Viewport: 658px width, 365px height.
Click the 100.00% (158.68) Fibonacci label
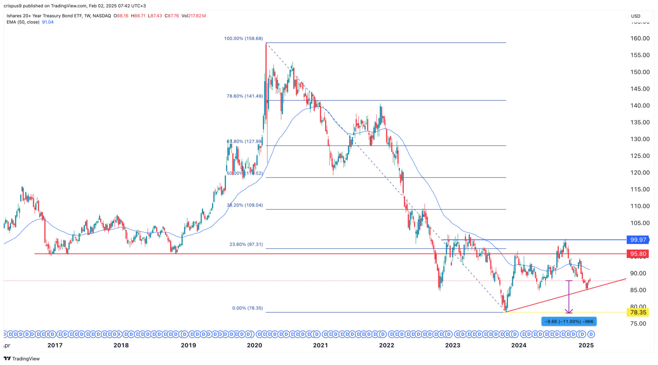pyautogui.click(x=243, y=39)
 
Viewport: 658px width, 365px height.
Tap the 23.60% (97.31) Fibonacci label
pyautogui.click(x=246, y=244)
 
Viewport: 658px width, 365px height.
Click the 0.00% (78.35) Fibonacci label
pyautogui.click(x=247, y=308)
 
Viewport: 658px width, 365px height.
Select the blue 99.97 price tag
pyautogui.click(x=638, y=240)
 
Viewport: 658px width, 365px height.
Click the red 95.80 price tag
pyautogui.click(x=638, y=254)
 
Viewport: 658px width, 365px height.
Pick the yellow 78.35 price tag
pyautogui.click(x=638, y=312)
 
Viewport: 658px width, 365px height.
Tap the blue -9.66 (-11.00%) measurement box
pyautogui.click(x=569, y=321)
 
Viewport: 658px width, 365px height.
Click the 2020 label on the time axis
pyautogui.click(x=254, y=345)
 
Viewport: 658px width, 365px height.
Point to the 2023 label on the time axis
pyautogui.click(x=452, y=345)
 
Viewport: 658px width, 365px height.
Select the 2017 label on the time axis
pyautogui.click(x=55, y=345)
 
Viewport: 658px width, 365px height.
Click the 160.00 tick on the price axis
pyautogui.click(x=640, y=38)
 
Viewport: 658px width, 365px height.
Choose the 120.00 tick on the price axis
pyautogui.click(x=640, y=173)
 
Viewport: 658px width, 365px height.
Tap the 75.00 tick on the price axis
pyautogui.click(x=638, y=324)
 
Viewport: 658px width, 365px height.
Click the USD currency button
pyautogui.click(x=636, y=16)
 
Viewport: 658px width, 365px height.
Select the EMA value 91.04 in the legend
pyautogui.click(x=48, y=22)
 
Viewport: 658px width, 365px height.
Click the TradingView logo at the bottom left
pyautogui.click(x=22, y=359)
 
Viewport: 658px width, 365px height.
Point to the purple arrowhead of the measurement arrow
pyautogui.click(x=569, y=311)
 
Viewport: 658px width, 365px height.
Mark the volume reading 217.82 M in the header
pyautogui.click(x=197, y=16)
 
